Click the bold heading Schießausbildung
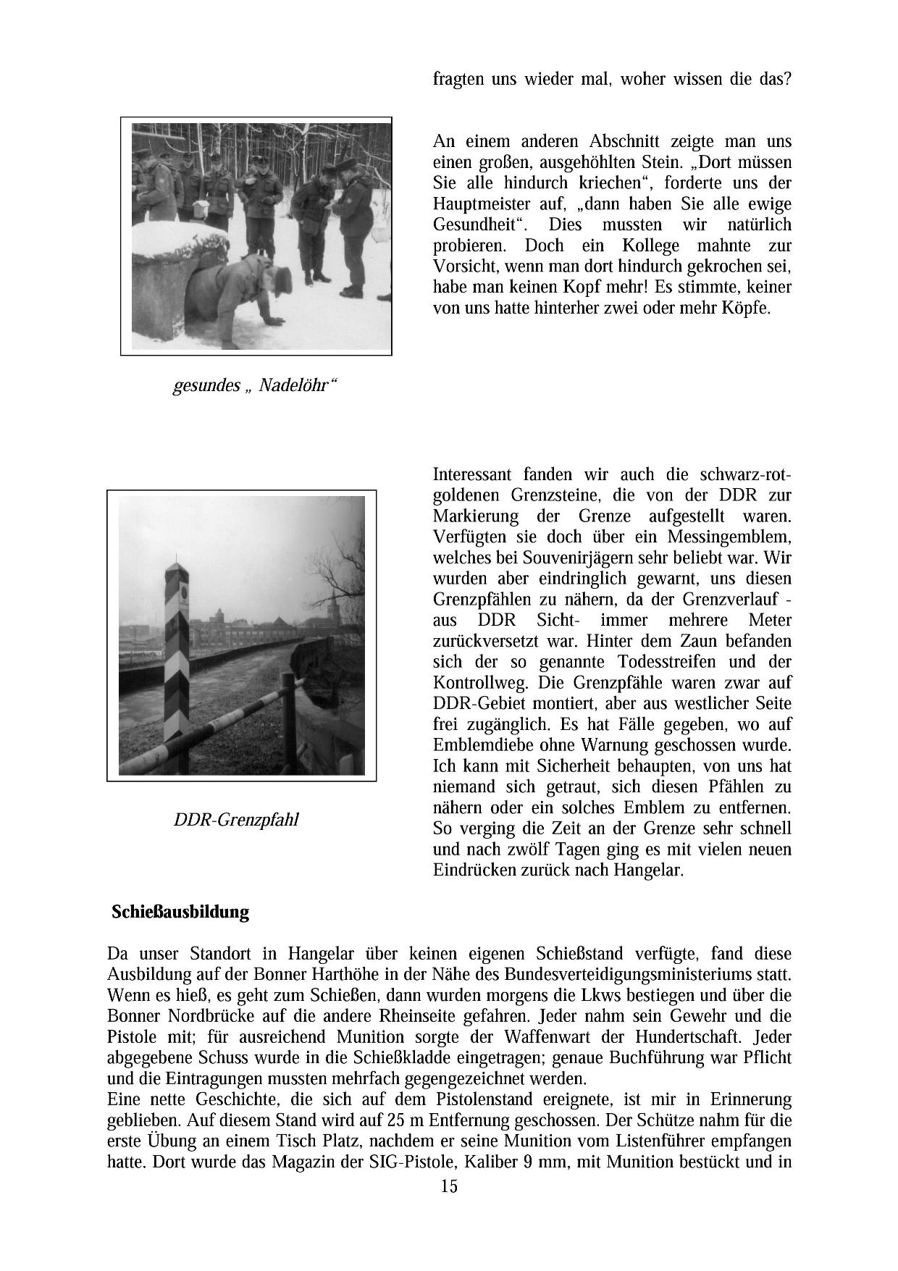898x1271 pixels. point(180,912)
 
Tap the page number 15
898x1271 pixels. point(449,1186)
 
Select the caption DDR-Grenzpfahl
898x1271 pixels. point(236,820)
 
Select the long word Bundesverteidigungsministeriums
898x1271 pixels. point(626,974)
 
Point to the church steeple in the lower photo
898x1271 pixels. point(333,601)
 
